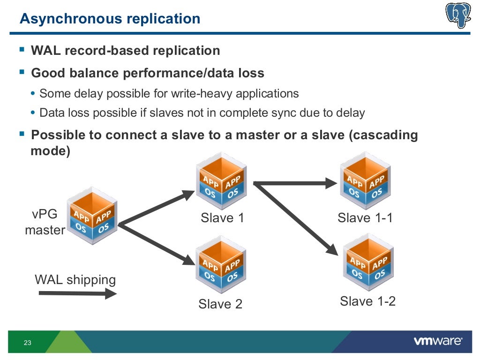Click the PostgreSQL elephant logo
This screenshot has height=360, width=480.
pos(458,16)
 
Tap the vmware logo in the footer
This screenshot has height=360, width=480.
pos(438,341)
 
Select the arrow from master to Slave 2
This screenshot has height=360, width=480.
pos(157,243)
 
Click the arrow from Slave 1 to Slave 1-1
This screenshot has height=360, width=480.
pos(295,183)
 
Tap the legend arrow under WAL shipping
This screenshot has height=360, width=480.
pos(77,294)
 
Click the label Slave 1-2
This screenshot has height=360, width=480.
pos(368,301)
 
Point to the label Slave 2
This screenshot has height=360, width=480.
pos(220,304)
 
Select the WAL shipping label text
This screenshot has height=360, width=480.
pos(75,280)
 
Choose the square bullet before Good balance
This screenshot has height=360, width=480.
pos(22,72)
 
